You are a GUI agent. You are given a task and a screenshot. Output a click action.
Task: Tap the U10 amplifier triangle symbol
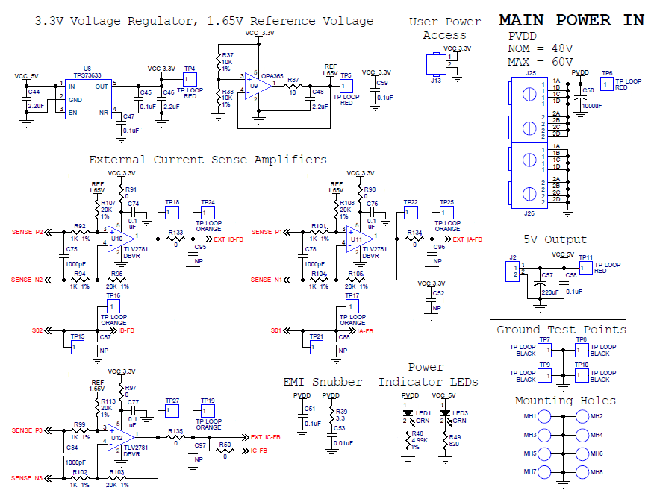tap(118, 239)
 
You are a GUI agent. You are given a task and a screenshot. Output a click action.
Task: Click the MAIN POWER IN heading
tap(571, 20)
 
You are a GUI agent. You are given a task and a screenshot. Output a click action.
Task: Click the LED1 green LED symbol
tap(408, 413)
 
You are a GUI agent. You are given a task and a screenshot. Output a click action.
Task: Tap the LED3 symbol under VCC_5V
tap(445, 413)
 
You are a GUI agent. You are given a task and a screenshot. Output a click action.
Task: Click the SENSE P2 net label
tap(28, 232)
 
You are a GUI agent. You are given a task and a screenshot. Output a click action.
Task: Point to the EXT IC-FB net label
tap(266, 437)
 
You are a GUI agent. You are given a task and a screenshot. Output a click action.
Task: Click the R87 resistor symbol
tap(293, 87)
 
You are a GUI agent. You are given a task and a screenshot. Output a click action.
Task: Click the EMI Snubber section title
tap(323, 382)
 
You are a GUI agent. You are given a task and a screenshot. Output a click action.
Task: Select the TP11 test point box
tap(586, 268)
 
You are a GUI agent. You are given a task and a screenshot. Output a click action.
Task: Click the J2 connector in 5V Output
tap(512, 270)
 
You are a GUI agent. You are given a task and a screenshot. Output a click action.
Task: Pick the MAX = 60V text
tap(540, 61)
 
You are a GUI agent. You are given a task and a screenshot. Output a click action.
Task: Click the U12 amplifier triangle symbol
tap(118, 438)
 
